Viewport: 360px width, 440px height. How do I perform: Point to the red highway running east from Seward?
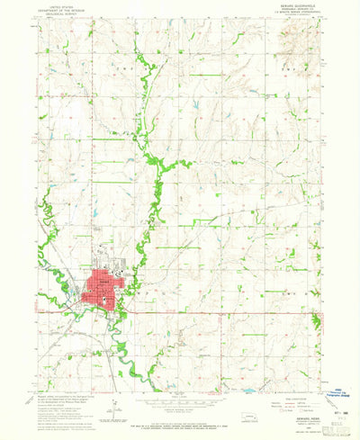click(x=225, y=311)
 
